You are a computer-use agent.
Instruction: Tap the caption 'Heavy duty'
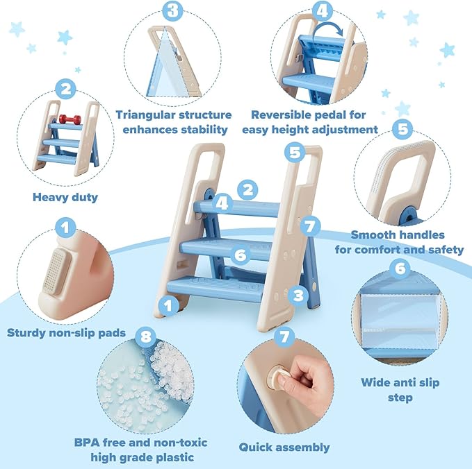click(65, 197)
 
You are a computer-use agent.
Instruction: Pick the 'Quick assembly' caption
click(284, 447)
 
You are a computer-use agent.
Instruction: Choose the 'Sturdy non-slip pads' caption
click(67, 332)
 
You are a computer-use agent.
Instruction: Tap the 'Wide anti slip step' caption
click(400, 390)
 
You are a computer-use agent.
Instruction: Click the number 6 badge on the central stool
click(241, 255)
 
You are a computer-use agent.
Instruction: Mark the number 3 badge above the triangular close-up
click(173, 10)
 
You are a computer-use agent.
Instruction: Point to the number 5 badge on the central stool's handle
click(295, 152)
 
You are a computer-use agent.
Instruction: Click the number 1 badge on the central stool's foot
click(167, 303)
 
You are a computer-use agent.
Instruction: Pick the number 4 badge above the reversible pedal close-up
click(322, 10)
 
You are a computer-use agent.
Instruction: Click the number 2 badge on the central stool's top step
click(247, 189)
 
